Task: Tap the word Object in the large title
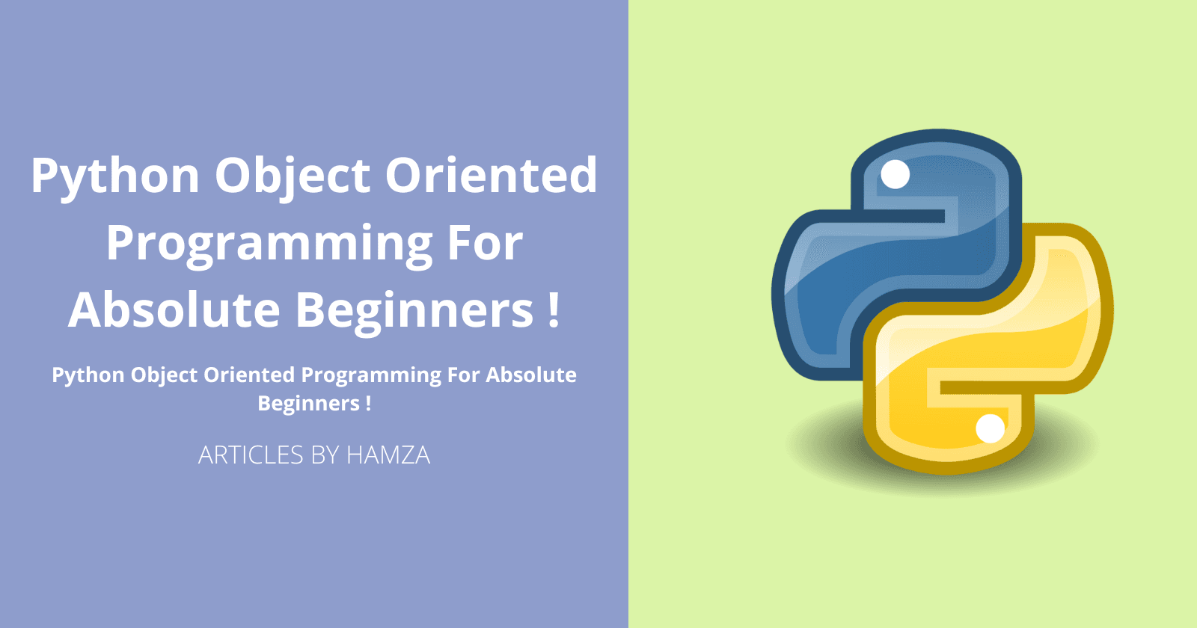pyautogui.click(x=293, y=176)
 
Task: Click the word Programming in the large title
pyautogui.click(x=269, y=244)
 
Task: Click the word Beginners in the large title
pyautogui.click(x=414, y=311)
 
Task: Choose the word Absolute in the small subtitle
pyautogui.click(x=531, y=375)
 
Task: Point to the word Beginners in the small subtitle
pyautogui.click(x=308, y=404)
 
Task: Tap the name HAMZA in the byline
pyautogui.click(x=388, y=455)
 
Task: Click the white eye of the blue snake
pyautogui.click(x=895, y=174)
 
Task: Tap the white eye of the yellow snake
pyautogui.click(x=991, y=428)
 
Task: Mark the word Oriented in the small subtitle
pyautogui.click(x=249, y=375)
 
